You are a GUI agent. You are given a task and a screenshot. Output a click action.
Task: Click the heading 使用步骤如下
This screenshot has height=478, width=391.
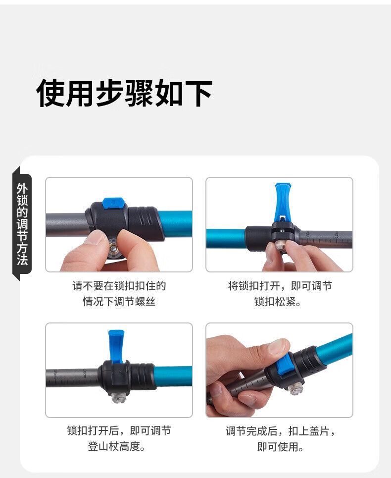(124, 93)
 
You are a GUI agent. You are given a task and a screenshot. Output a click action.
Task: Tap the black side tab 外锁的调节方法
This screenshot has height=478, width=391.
(22, 224)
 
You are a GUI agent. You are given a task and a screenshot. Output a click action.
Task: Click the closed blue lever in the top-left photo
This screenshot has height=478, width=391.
(113, 203)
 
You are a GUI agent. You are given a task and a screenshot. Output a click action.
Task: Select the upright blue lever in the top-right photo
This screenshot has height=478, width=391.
(283, 202)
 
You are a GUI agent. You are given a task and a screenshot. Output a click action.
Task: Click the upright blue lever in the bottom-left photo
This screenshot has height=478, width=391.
(116, 346)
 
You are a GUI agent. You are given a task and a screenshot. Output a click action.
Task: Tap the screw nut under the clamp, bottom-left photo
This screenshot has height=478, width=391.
(118, 397)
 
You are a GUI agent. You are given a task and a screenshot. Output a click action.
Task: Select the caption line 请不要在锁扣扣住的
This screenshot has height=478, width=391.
(119, 286)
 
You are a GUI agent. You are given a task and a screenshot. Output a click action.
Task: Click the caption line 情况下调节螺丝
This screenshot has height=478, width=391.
(119, 302)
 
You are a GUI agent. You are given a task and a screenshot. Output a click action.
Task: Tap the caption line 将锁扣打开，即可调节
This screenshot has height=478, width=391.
(280, 286)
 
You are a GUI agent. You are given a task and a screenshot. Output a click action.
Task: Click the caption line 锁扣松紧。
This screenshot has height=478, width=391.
(278, 302)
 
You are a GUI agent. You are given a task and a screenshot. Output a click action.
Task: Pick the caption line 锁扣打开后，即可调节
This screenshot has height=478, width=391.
(119, 431)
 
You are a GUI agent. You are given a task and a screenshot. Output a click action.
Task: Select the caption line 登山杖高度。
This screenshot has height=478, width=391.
(116, 446)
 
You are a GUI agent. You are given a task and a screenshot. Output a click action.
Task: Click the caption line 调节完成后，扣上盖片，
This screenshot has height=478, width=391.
(280, 431)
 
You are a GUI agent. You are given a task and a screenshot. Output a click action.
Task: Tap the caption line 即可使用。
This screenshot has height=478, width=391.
(280, 447)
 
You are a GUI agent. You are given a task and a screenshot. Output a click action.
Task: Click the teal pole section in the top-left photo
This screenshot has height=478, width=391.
(175, 223)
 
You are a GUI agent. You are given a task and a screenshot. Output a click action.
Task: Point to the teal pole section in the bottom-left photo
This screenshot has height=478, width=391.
(173, 376)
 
